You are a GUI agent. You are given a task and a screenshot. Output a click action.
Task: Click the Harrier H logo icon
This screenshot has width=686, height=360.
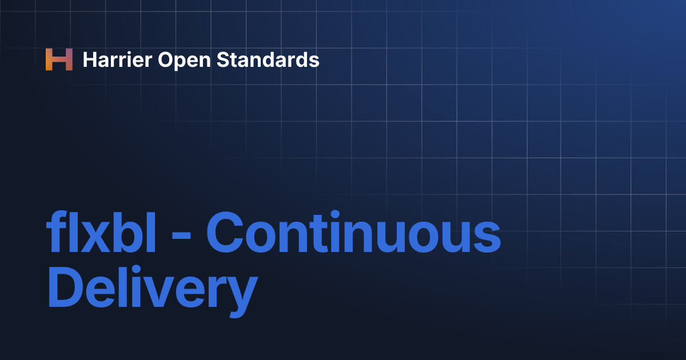[x=59, y=59]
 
